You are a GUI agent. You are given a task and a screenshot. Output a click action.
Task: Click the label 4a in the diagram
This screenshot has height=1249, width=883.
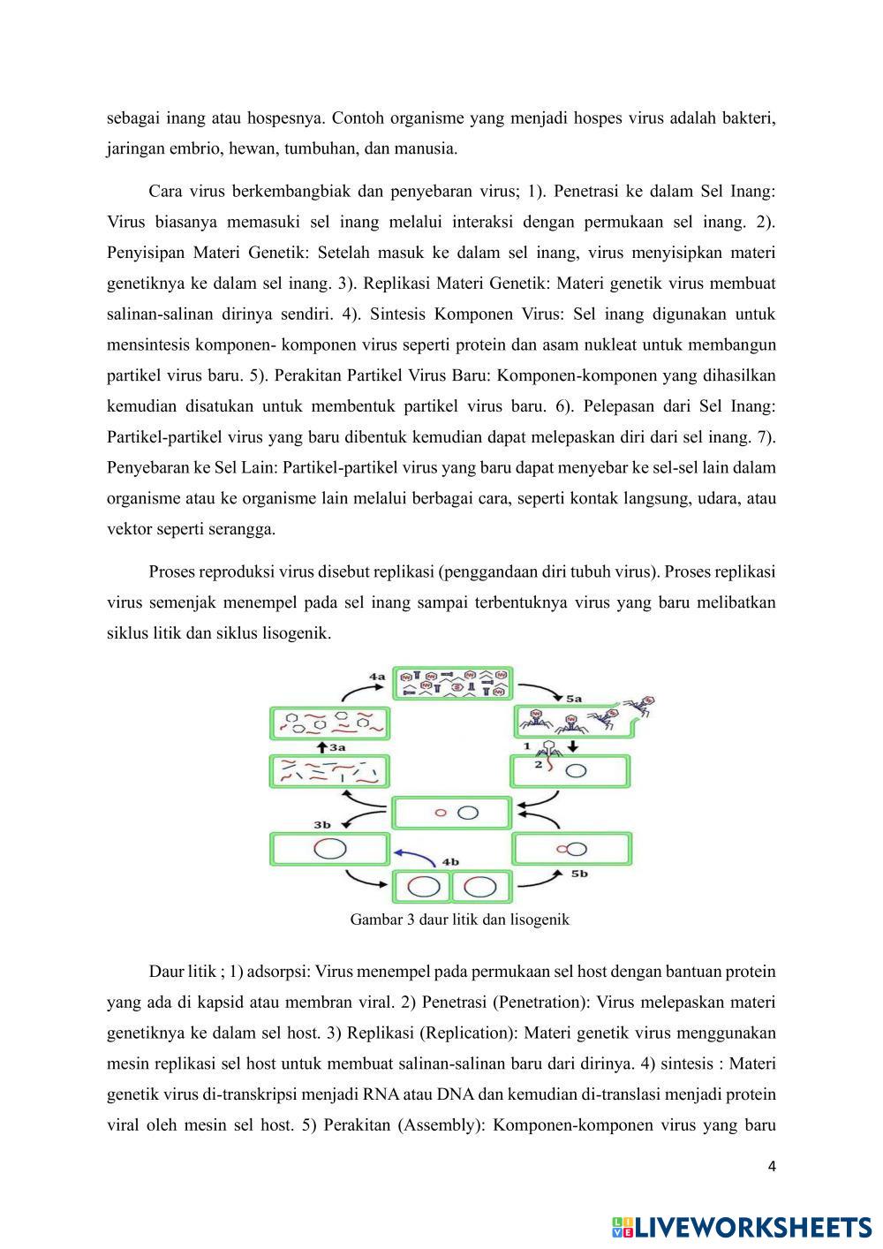pyautogui.click(x=377, y=676)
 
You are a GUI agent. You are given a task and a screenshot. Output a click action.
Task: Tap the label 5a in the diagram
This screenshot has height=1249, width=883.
pyautogui.click(x=575, y=698)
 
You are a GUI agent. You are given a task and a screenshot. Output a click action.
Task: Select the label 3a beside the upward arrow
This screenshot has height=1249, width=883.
pyautogui.click(x=337, y=746)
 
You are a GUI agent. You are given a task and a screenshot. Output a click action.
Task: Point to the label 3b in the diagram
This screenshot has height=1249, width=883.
pyautogui.click(x=322, y=825)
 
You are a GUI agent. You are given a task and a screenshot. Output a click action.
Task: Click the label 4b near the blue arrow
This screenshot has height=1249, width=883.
pyautogui.click(x=450, y=860)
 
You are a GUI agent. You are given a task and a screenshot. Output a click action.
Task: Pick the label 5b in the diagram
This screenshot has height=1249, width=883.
pyautogui.click(x=580, y=873)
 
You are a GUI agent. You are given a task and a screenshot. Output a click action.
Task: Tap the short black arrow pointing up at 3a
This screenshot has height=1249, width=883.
pyautogui.click(x=321, y=746)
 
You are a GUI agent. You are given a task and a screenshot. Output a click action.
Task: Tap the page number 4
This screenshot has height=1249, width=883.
pyautogui.click(x=772, y=1167)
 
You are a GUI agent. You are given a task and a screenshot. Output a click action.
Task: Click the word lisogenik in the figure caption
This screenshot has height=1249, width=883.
pyautogui.click(x=540, y=920)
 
